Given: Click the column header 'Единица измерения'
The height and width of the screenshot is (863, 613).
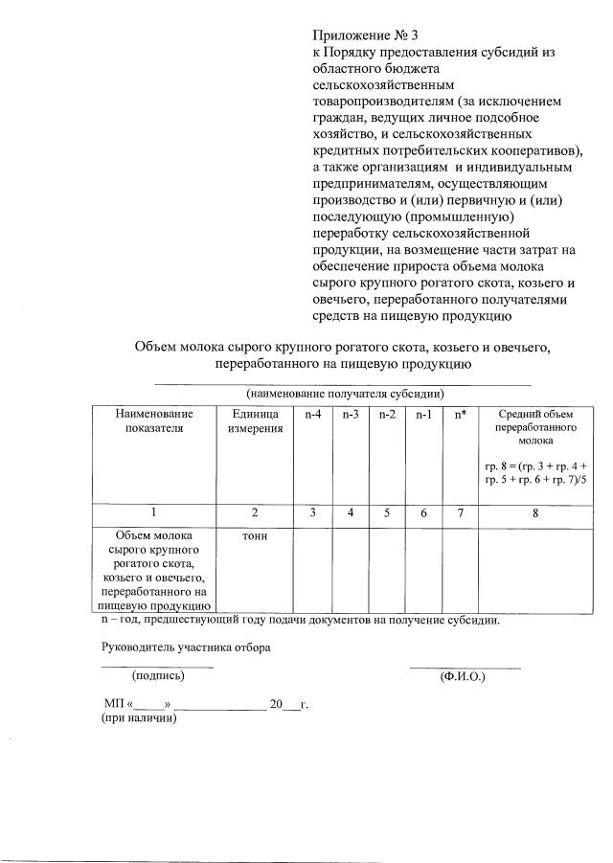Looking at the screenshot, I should pyautogui.click(x=256, y=420).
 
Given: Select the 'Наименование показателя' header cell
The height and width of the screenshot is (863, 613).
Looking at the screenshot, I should pyautogui.click(x=153, y=420).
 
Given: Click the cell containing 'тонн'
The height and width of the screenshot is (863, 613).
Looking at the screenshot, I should pyautogui.click(x=256, y=535).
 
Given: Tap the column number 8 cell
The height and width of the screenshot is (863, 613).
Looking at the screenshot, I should pyautogui.click(x=535, y=513).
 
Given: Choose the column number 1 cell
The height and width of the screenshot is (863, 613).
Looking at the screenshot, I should pyautogui.click(x=153, y=513).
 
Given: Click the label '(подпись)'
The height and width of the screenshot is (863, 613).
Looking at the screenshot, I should pyautogui.click(x=158, y=676).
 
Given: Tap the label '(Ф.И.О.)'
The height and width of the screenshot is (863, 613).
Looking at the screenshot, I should pyautogui.click(x=463, y=676).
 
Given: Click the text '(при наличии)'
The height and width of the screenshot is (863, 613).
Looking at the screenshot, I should pyautogui.click(x=141, y=719).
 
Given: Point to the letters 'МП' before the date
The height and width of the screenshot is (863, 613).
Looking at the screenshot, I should pyautogui.click(x=113, y=704).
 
